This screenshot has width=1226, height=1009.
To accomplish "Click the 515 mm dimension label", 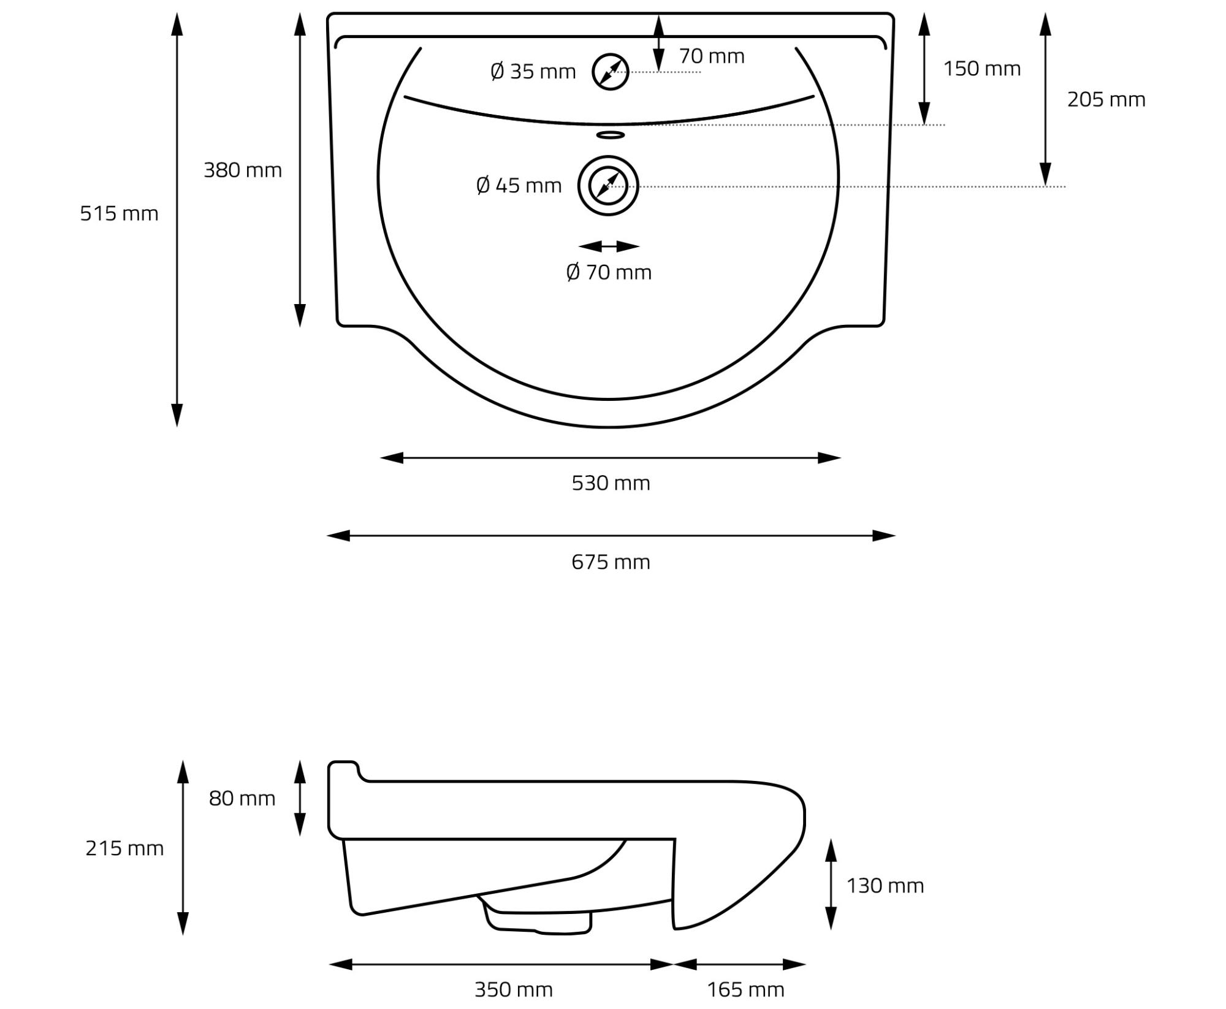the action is pos(119,213).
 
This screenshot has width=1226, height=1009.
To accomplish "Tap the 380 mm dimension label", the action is pos(243,170).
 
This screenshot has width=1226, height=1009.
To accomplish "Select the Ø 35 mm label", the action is pos(533,71).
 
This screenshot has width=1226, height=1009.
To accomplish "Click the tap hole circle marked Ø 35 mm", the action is pos(611,72).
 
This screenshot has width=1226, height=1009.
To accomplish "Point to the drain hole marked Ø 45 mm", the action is pos(608,186).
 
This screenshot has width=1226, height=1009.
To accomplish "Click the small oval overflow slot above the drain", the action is pos(611,135).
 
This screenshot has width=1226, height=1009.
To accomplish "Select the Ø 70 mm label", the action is pos(609,272).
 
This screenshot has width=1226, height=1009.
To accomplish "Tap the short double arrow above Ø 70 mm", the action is pos(609,246).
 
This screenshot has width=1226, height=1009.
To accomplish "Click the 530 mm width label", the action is pos(611,483).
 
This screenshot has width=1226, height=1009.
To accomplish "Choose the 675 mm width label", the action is pos(611,562).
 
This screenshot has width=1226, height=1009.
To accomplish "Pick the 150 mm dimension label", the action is pos(982,69).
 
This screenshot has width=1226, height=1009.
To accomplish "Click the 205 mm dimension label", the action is pos(1106,99).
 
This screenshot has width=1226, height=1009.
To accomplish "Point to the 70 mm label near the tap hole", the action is pos(712,56).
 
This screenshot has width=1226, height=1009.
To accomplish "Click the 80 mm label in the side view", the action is pos(242,798).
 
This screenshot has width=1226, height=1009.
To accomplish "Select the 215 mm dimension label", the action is pos(124,848).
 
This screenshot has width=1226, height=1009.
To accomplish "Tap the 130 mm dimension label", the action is pos(885,886).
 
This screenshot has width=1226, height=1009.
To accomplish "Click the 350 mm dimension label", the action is pos(514,989).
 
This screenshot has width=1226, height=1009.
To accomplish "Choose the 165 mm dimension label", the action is pos(745,989).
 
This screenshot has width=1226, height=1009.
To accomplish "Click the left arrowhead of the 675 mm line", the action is pos(338,536).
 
